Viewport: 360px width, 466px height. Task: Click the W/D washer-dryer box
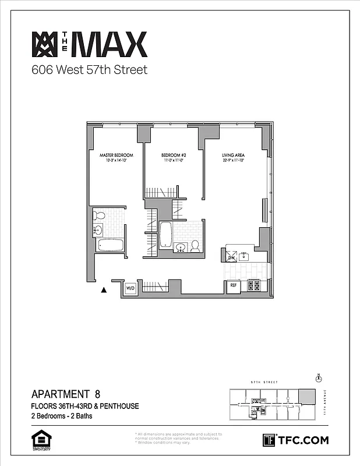coord(130,288)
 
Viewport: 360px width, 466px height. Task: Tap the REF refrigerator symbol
coord(233,285)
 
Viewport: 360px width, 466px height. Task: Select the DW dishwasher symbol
coord(231,256)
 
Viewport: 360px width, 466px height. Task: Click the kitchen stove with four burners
coord(253,285)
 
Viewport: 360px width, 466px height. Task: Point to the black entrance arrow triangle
coord(104,288)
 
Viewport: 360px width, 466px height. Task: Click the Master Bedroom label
coord(117,155)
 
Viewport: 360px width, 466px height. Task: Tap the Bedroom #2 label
coord(173,155)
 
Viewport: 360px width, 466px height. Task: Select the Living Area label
coord(232,155)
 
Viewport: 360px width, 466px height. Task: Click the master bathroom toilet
coord(99,216)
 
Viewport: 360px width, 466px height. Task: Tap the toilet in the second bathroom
coord(195,246)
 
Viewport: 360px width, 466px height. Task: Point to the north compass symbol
coord(319,377)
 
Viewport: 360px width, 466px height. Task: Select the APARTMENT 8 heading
coord(70,394)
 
